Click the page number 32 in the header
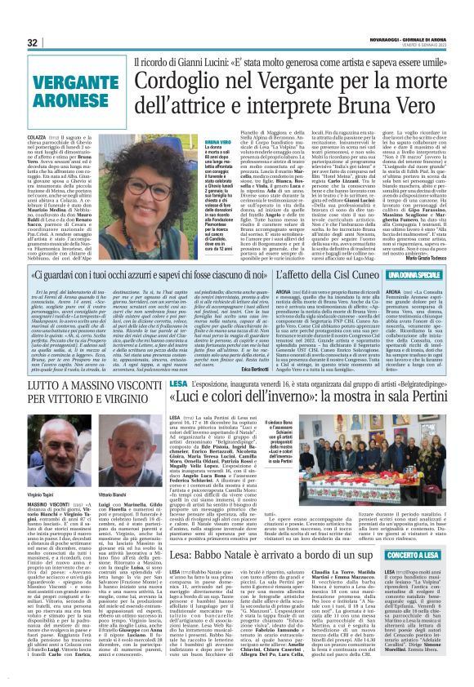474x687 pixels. tap(34, 42)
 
